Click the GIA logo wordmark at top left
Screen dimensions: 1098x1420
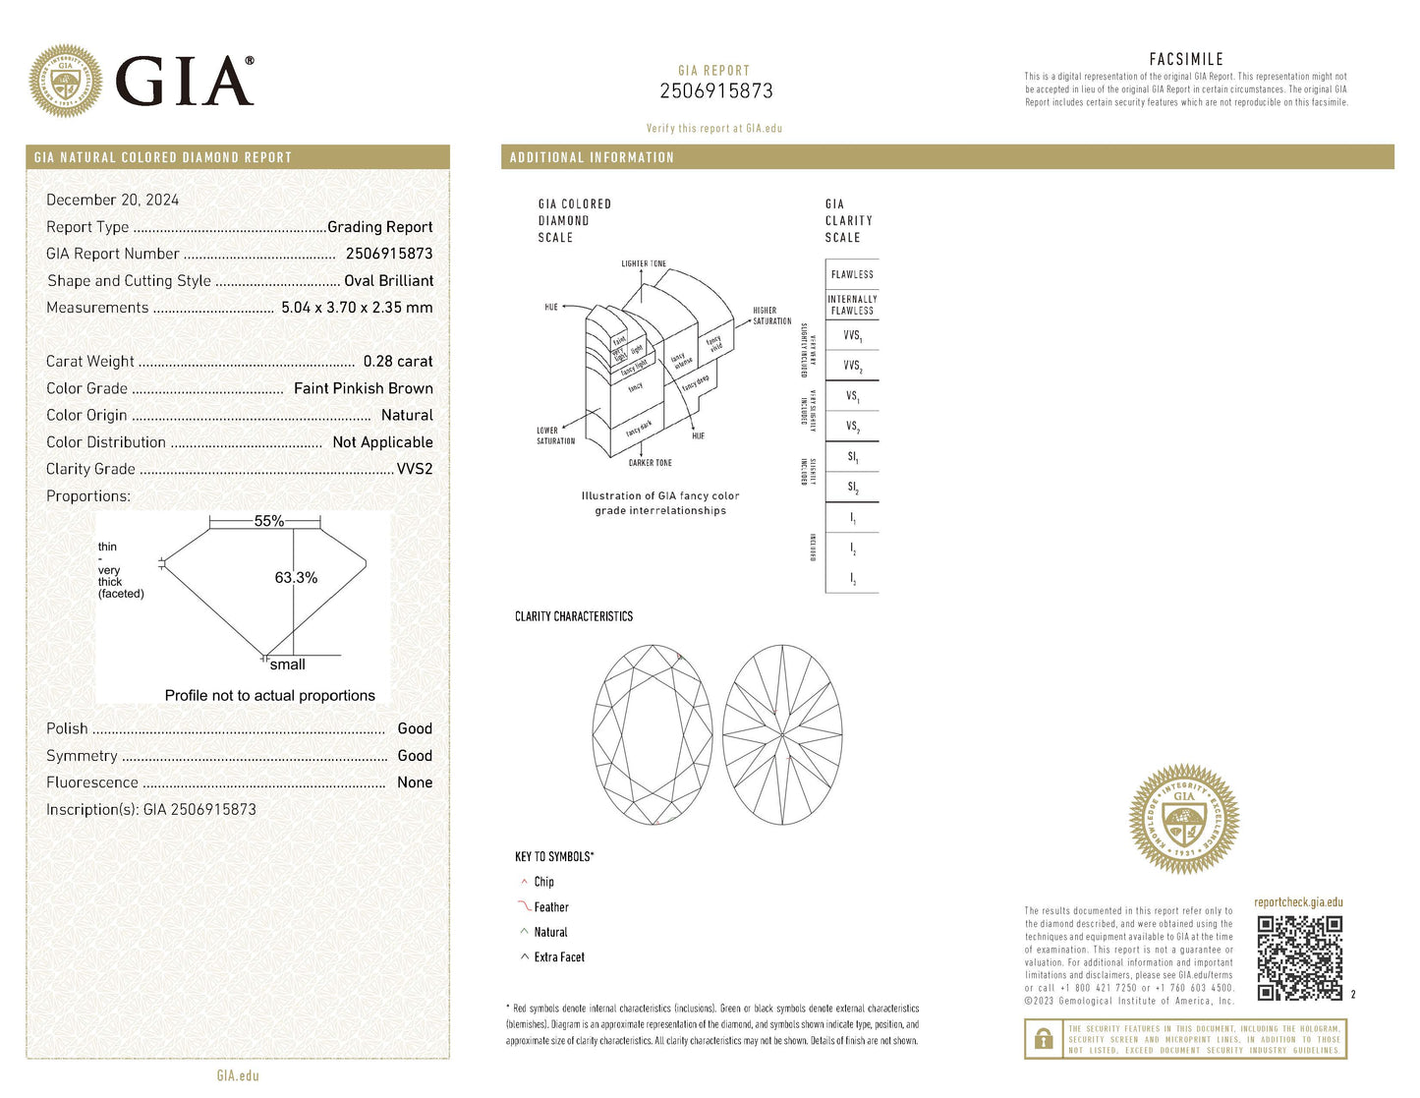184,81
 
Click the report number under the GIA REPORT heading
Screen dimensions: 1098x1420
715,91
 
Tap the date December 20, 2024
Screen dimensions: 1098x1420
112,200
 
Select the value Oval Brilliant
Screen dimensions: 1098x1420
388,281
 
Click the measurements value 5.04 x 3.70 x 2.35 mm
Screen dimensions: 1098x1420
357,308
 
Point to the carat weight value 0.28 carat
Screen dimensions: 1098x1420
397,362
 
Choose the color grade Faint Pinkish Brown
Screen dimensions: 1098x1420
363,388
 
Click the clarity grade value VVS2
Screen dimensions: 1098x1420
414,469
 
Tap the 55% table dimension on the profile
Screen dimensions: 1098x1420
268,521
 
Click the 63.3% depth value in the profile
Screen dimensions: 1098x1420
296,578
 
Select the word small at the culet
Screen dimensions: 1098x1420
287,665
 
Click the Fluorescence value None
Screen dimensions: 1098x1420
414,782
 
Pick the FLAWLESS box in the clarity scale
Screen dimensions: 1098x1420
852,274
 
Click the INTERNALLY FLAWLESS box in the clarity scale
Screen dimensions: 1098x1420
852,305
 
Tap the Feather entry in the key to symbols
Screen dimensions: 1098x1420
550,907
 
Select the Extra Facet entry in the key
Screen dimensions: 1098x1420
558,957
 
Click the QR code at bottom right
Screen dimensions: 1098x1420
1299,957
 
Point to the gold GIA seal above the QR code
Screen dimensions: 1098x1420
1184,820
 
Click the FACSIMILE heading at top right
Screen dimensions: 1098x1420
1186,59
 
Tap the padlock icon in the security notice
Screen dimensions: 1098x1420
1044,1039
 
